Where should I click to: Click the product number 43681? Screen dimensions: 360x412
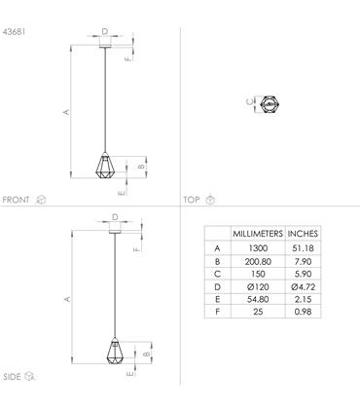pyautogui.click(x=14, y=32)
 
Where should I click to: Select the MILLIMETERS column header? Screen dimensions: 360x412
pyautogui.click(x=258, y=234)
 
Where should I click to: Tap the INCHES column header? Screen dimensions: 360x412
pyautogui.click(x=303, y=234)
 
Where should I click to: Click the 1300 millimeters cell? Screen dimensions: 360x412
pyautogui.click(x=258, y=248)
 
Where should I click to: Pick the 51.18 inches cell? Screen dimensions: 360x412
pyautogui.click(x=303, y=248)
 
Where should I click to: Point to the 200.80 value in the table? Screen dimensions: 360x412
pyautogui.click(x=258, y=262)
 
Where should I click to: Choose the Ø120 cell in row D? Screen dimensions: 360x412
pyautogui.click(x=258, y=287)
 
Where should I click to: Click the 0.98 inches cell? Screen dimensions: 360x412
pyautogui.click(x=303, y=312)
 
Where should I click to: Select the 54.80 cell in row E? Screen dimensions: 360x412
pyautogui.click(x=258, y=299)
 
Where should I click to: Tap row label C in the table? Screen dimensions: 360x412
pyautogui.click(x=217, y=274)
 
